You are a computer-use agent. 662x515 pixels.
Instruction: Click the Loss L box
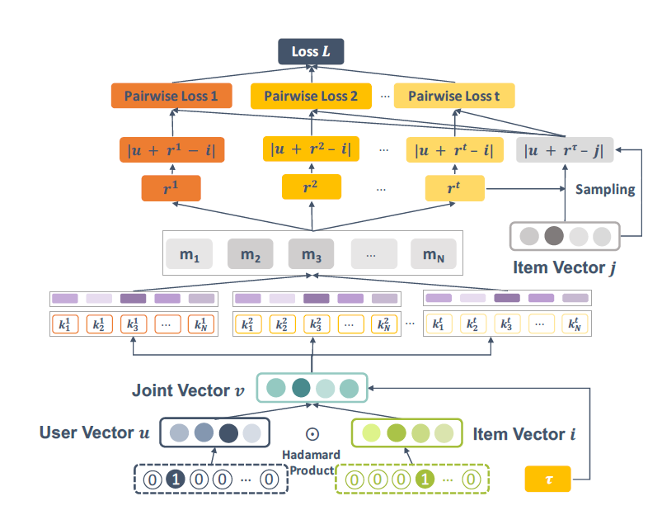click(310, 52)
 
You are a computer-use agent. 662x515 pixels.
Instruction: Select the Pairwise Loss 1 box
click(171, 97)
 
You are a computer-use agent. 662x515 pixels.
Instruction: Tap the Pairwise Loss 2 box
click(311, 97)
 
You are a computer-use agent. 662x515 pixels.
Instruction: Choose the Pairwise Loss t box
click(453, 97)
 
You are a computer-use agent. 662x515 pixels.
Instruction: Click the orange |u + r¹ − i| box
click(171, 150)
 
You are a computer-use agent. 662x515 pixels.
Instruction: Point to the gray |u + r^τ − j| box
click(564, 149)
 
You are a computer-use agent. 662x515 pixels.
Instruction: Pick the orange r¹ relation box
click(171, 188)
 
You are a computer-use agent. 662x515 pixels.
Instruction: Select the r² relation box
click(311, 188)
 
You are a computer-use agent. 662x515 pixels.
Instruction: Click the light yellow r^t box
click(454, 188)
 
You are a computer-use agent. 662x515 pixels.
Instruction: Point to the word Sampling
click(605, 189)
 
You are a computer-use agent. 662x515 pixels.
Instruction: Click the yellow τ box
click(547, 478)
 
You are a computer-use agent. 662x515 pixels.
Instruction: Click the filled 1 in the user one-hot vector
click(176, 478)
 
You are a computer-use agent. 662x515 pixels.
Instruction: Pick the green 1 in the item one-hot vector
click(423, 478)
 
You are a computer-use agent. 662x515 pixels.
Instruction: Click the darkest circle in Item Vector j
click(554, 236)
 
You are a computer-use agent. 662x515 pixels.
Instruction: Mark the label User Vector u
click(94, 432)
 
